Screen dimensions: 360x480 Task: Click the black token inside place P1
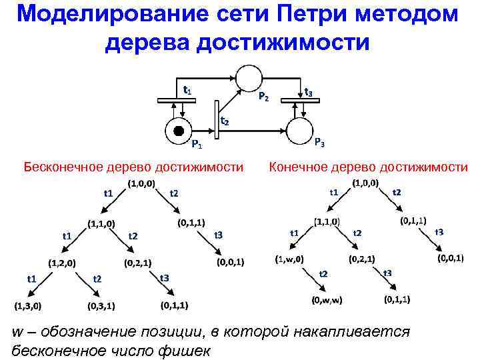click(x=178, y=129)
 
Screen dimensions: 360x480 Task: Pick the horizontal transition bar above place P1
click(x=177, y=101)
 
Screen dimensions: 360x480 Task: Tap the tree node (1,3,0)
click(x=28, y=307)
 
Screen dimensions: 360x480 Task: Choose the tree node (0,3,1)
click(x=101, y=307)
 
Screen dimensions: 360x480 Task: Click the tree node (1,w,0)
click(x=289, y=259)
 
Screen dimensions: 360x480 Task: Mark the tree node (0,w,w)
click(x=327, y=300)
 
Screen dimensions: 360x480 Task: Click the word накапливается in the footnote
click(x=357, y=331)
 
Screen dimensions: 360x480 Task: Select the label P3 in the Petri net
click(x=319, y=143)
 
